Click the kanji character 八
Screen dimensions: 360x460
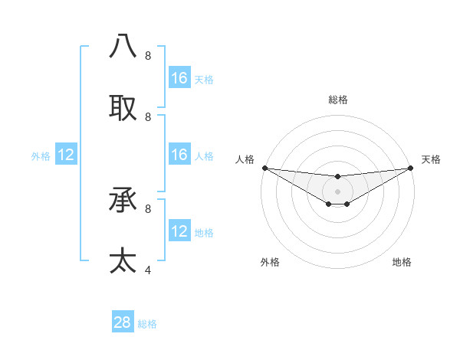(123, 47)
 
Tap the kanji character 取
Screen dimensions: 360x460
(123, 108)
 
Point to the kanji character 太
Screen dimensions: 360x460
(123, 260)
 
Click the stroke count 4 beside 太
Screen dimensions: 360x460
(148, 270)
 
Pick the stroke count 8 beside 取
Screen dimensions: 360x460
(148, 117)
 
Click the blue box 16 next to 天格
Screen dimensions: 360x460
(179, 78)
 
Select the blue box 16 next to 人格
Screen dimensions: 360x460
(179, 155)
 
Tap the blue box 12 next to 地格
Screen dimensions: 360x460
(179, 231)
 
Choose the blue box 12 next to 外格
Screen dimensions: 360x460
(66, 155)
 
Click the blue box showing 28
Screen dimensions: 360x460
(123, 322)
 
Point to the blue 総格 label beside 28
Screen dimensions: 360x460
(147, 324)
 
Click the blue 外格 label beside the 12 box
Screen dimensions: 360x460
(41, 156)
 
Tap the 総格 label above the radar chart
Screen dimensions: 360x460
(338, 100)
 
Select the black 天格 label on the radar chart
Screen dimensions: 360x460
(431, 159)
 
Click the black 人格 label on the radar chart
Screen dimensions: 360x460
(245, 159)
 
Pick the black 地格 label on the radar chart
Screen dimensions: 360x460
(402, 262)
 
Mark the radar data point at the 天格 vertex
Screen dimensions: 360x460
(411, 168)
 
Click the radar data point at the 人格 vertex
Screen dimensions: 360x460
(264, 168)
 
